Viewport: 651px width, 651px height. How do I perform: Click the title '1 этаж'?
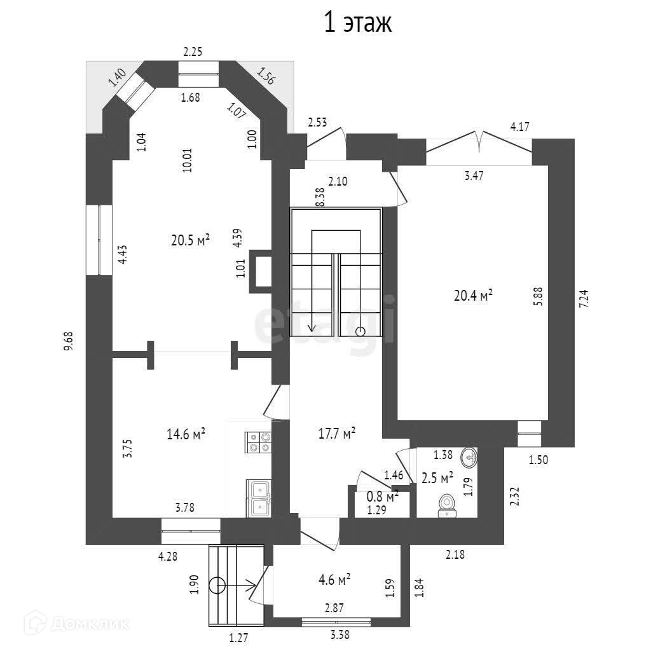tap(359, 22)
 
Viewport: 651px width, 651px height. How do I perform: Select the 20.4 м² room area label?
tap(474, 296)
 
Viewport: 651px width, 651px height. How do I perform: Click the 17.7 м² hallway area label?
tap(336, 434)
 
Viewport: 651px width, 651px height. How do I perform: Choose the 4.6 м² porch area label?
tap(334, 580)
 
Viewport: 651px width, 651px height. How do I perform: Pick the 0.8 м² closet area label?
tap(383, 495)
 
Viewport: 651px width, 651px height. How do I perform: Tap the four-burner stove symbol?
tap(258, 442)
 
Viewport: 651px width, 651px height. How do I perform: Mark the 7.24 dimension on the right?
tap(584, 298)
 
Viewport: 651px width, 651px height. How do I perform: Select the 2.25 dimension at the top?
tap(193, 53)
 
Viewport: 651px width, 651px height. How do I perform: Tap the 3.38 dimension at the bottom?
tap(339, 633)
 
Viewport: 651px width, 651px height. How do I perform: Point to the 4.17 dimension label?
tap(519, 127)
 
